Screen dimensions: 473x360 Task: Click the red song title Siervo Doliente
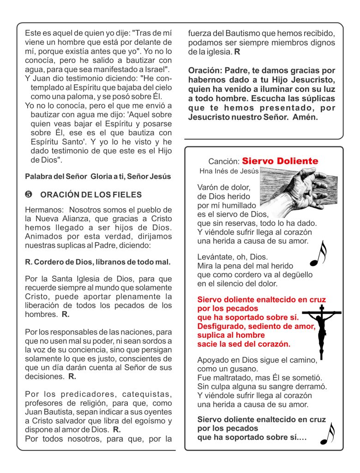click(280, 161)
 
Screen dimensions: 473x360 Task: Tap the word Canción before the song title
click(224, 162)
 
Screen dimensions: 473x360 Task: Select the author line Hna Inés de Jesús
click(228, 171)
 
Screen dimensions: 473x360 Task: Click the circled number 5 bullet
click(28, 194)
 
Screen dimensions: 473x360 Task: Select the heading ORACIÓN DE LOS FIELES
click(91, 194)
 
